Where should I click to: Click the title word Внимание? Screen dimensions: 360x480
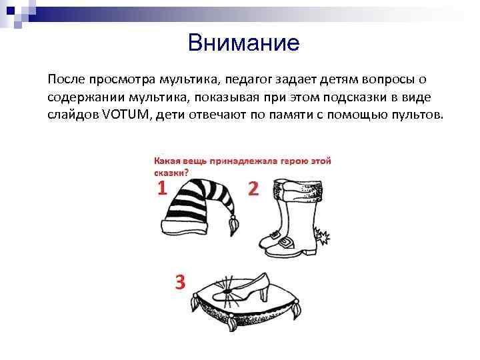(244, 43)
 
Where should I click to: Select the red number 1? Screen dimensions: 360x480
(162, 189)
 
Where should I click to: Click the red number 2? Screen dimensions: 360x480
(253, 189)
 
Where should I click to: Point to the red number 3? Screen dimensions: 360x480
(179, 283)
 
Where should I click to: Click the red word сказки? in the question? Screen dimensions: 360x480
(171, 171)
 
